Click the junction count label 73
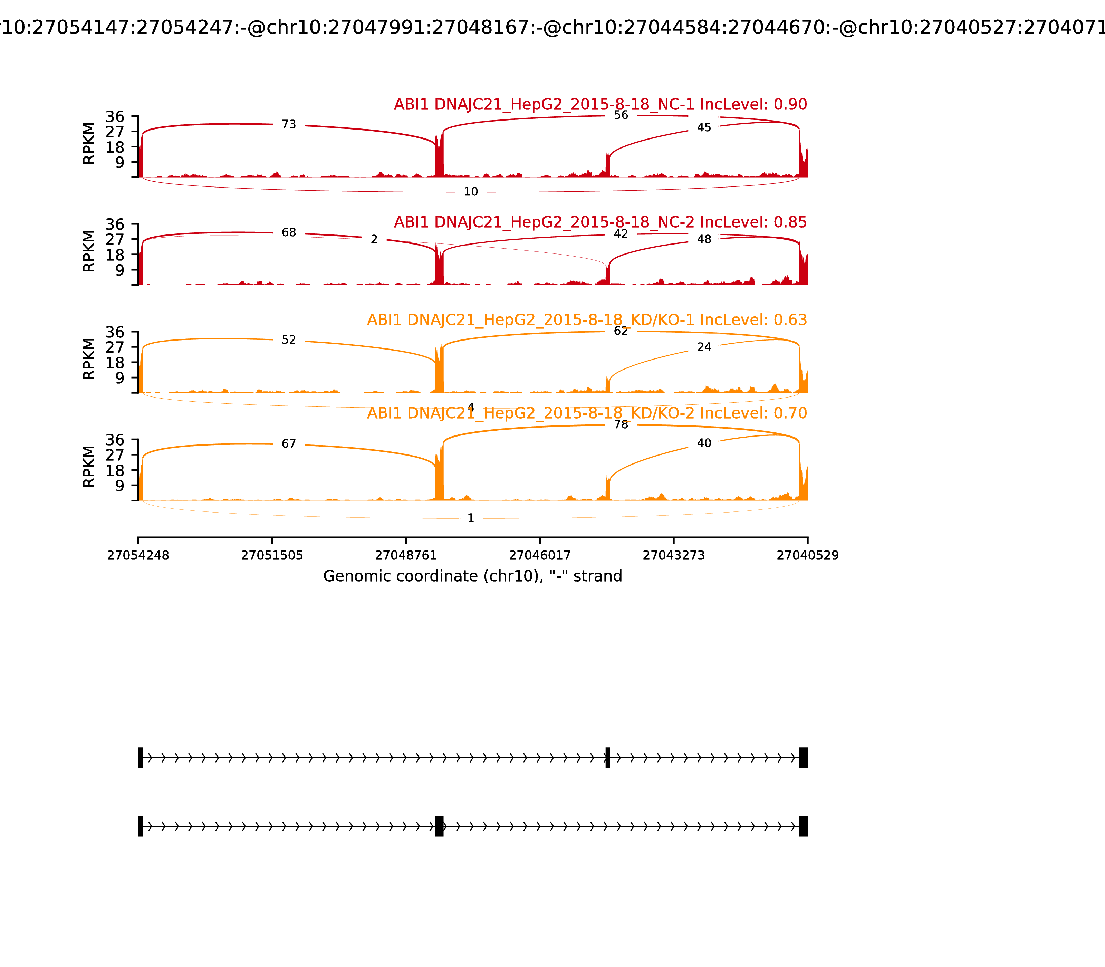coord(289,125)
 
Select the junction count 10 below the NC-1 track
coord(470,192)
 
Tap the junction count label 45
coord(704,127)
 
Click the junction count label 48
coord(704,239)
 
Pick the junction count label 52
coord(289,340)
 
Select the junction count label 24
coord(704,347)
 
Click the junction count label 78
coord(621,425)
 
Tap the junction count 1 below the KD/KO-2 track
coord(470,518)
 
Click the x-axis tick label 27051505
coord(272,556)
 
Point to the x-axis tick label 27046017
coord(539,556)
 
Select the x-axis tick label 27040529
coord(807,556)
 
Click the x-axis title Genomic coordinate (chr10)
coord(473,576)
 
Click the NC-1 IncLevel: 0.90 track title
coord(600,105)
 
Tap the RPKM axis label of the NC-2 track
coord(89,251)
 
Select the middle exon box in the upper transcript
coord(607,758)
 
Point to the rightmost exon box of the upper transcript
coord(803,758)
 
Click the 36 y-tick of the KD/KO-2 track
coord(114,440)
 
